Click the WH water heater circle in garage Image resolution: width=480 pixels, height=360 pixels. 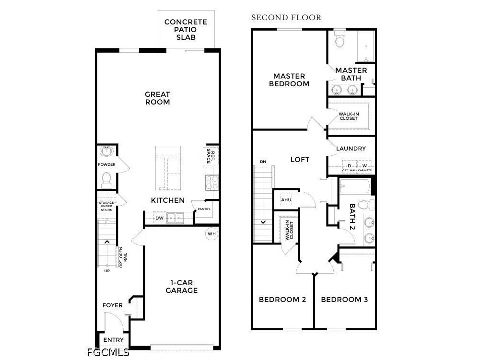tap(211, 234)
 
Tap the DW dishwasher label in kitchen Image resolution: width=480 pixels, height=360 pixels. tap(159, 219)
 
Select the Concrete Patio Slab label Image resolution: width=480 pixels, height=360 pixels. tap(186, 29)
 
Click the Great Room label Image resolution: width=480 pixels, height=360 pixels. tap(157, 98)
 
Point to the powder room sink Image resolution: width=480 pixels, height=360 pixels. tap(106, 152)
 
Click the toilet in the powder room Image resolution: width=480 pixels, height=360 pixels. tap(106, 179)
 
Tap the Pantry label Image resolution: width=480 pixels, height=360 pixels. tap(204, 209)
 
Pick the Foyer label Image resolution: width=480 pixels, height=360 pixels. tap(112, 305)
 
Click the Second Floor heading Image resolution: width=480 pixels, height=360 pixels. tap(286, 18)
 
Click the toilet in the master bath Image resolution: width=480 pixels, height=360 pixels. tap(340, 40)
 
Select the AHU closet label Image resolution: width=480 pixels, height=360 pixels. tap(286, 199)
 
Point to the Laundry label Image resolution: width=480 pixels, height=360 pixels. tap(351, 149)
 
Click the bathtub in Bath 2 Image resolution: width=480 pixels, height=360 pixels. tap(354, 186)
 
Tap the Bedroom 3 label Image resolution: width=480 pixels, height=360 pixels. tap(344, 300)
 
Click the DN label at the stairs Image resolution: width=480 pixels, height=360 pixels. tap(263, 162)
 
